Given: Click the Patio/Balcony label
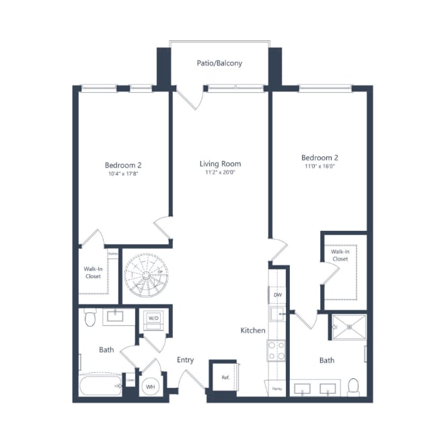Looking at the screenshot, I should (x=219, y=63).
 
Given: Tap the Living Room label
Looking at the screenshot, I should (x=220, y=164).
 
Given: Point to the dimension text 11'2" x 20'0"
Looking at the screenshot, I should (x=220, y=173).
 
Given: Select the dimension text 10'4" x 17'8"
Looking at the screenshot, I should (x=122, y=174).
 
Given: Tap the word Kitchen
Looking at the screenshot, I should (x=253, y=331).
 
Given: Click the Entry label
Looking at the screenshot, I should (x=185, y=360).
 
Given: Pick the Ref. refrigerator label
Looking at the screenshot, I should (x=225, y=378).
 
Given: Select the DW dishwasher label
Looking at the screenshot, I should (x=278, y=295).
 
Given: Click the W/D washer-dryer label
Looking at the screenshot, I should (x=153, y=318).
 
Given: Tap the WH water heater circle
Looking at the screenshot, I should (x=151, y=386).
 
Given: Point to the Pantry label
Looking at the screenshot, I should (x=277, y=389).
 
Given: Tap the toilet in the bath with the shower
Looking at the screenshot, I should (x=353, y=386).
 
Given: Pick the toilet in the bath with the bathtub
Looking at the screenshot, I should (x=90, y=316).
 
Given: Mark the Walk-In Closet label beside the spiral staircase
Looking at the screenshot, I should (x=94, y=271).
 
